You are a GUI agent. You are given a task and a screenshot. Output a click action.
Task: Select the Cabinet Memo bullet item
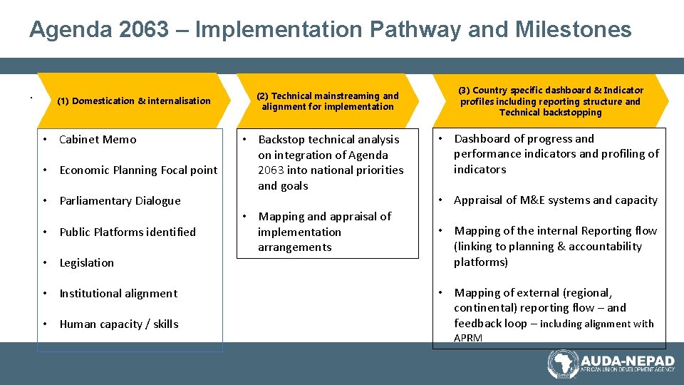click(x=98, y=140)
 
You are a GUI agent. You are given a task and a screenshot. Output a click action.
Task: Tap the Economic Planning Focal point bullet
click(x=138, y=170)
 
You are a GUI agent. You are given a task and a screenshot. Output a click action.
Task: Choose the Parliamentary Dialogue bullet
click(x=120, y=201)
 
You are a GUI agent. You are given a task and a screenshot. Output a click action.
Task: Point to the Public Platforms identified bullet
click(x=128, y=232)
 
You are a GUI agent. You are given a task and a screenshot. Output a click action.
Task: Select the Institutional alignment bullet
click(x=118, y=294)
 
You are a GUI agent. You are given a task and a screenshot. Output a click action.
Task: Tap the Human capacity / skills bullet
click(x=119, y=324)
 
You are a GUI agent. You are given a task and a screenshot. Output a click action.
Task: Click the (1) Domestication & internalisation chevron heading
click(x=134, y=101)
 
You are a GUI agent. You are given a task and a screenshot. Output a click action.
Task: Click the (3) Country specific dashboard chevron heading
click(x=550, y=101)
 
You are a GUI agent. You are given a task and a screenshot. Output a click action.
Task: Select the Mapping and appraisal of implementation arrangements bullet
click(x=324, y=232)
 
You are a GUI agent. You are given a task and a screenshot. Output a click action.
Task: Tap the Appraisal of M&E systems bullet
click(x=556, y=200)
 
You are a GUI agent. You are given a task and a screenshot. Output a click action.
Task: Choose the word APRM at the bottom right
click(x=468, y=338)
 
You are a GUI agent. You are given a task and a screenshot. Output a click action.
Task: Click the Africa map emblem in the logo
click(x=563, y=364)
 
